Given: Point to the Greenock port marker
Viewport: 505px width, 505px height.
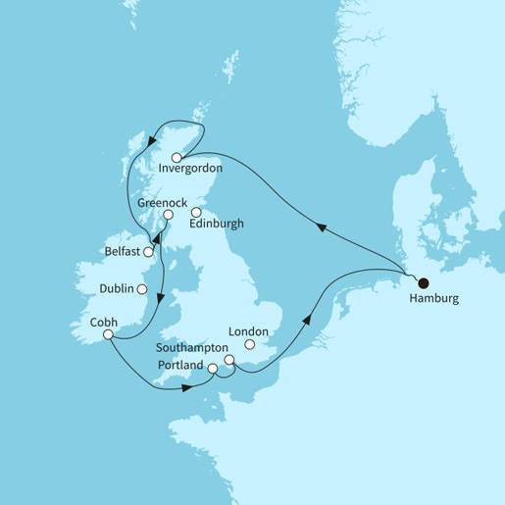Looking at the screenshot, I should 168,215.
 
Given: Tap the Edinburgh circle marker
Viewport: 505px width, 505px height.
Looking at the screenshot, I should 196,212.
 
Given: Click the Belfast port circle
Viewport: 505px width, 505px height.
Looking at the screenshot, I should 148,252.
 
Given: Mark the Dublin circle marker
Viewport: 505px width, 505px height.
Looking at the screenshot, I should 142,289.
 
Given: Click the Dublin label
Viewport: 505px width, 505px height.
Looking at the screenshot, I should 118,289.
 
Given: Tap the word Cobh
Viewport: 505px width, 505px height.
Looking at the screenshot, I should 103,321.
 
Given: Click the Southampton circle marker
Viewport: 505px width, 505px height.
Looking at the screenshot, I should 230,361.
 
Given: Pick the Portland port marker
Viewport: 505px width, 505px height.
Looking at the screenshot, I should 213,368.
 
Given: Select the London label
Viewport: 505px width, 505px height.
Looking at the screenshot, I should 249,331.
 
